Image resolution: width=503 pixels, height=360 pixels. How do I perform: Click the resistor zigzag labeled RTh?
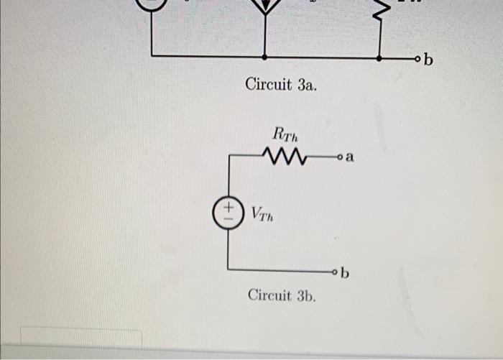[286, 155]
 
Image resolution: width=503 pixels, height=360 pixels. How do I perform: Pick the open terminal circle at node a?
[338, 155]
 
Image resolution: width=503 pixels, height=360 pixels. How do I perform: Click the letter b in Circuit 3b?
[346, 272]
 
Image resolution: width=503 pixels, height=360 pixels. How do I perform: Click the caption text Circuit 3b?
[282, 295]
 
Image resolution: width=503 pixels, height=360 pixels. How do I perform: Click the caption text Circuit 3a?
[281, 86]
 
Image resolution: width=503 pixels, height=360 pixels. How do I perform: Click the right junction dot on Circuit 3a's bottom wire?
[379, 56]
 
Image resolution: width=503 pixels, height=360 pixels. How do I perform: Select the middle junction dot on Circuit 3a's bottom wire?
[265, 56]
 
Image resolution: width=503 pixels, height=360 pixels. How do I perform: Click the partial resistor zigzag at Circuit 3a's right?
[382, 9]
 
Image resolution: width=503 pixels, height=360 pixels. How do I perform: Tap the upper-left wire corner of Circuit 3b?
[229, 155]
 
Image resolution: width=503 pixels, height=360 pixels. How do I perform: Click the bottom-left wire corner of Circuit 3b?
[229, 269]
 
